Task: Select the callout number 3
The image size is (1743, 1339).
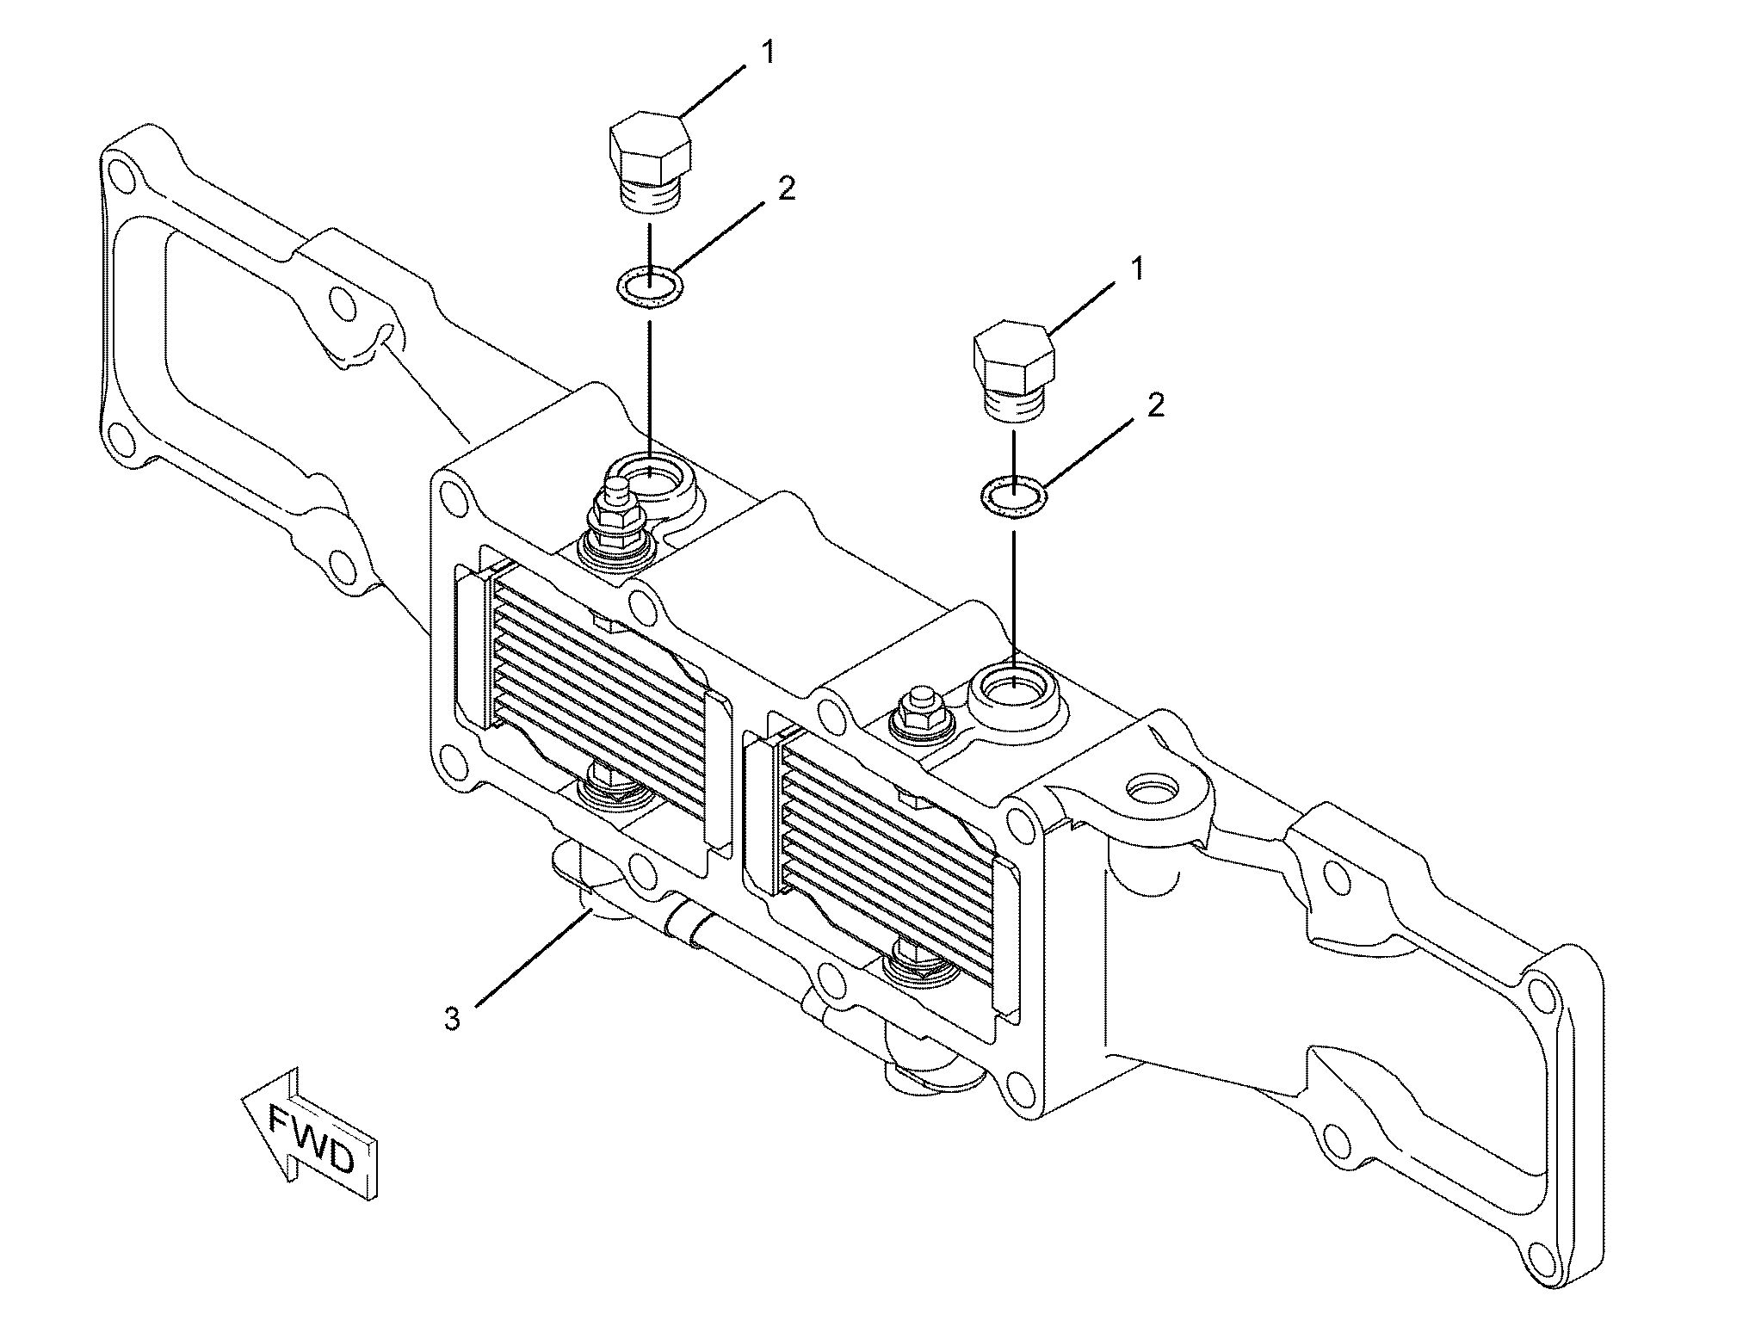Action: tap(452, 1019)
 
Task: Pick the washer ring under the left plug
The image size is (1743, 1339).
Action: tap(650, 285)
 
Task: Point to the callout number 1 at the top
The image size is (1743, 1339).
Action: tap(767, 53)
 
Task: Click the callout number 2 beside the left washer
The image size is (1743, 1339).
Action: tap(786, 188)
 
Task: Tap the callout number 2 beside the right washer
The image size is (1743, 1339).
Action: tap(1155, 405)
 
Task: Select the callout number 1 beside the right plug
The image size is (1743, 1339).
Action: tap(1138, 269)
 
